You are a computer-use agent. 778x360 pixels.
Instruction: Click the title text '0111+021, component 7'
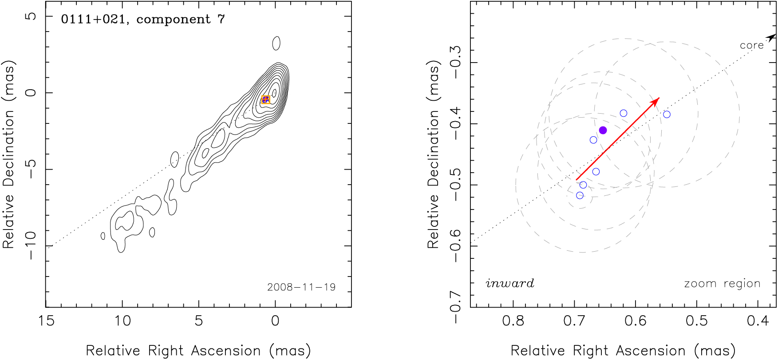point(143,20)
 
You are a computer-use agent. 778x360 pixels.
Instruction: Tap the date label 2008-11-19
point(301,287)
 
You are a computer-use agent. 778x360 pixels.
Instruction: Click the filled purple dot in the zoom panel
point(603,130)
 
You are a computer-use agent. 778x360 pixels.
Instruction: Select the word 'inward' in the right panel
point(510,283)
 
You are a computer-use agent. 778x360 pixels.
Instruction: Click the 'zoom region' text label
point(722,283)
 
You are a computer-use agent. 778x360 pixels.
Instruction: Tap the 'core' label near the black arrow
point(751,45)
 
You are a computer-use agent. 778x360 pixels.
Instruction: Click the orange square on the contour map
point(265,100)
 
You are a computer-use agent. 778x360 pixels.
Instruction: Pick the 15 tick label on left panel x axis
point(46,320)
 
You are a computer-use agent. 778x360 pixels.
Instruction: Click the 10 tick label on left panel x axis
point(122,320)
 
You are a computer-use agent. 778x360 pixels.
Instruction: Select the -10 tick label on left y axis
point(30,245)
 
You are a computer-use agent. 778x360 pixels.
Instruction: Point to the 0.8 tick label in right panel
point(513,320)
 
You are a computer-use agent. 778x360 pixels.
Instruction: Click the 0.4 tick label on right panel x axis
point(758,320)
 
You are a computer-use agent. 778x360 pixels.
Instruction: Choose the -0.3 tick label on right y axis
point(455,56)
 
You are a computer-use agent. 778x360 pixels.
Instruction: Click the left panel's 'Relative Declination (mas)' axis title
point(9,154)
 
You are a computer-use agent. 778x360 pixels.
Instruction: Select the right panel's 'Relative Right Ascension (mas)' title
point(623,351)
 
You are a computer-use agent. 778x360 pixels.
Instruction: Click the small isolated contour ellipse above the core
point(276,44)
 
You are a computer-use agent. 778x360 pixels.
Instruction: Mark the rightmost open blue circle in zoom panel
point(667,115)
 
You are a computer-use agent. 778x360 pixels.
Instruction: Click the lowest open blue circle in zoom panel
point(580,195)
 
